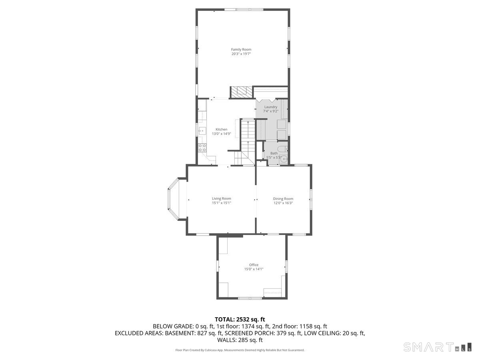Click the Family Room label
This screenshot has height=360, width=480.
(x=241, y=50)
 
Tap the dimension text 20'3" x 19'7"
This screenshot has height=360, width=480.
(x=241, y=54)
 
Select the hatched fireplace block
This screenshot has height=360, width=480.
(x=241, y=92)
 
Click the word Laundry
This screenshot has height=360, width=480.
(x=271, y=107)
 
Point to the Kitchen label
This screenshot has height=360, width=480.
(x=221, y=129)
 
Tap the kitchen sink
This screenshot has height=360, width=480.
(x=202, y=130)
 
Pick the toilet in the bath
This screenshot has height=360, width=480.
(x=282, y=150)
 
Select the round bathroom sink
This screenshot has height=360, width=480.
(x=284, y=159)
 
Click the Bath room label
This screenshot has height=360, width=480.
(x=274, y=153)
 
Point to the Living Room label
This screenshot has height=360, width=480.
(x=221, y=198)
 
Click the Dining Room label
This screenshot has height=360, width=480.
(x=283, y=199)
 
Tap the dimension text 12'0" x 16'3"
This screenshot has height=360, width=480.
(x=283, y=203)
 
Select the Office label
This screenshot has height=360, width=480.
(x=254, y=265)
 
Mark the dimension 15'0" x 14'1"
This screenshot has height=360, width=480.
(x=254, y=269)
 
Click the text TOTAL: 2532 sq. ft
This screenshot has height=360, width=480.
(x=240, y=319)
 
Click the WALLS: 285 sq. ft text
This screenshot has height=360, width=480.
(x=240, y=340)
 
